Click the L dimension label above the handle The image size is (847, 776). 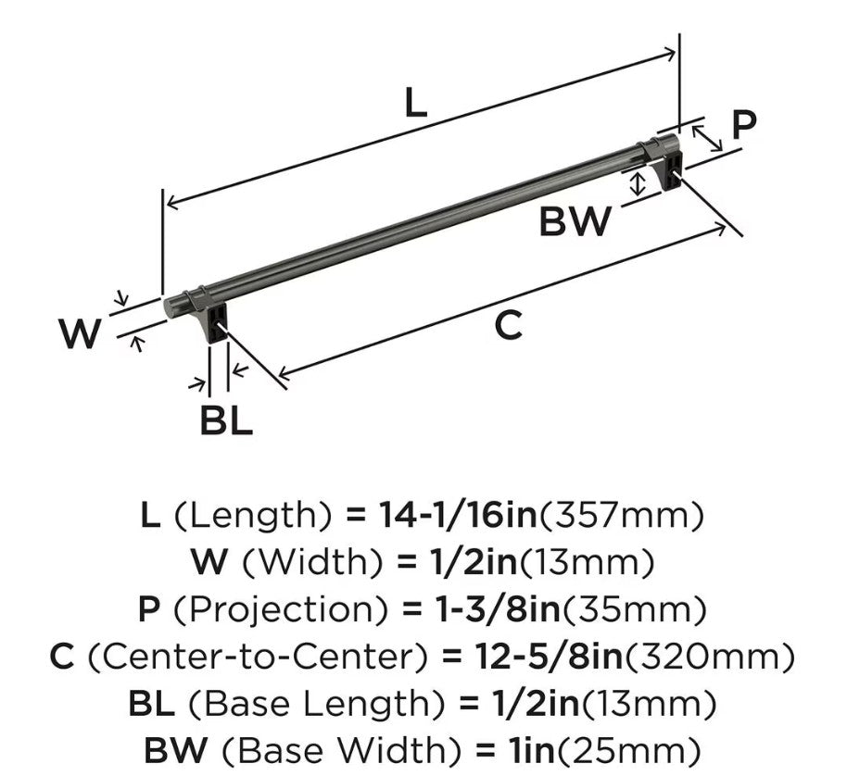(416, 103)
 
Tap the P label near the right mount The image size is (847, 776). (744, 125)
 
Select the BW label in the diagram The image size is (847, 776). (575, 221)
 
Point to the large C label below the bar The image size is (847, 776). (509, 325)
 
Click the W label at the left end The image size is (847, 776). (80, 333)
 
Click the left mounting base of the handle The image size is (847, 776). (214, 322)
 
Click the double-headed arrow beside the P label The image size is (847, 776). (707, 138)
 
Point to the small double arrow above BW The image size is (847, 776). (638, 184)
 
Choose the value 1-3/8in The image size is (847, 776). (498, 609)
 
